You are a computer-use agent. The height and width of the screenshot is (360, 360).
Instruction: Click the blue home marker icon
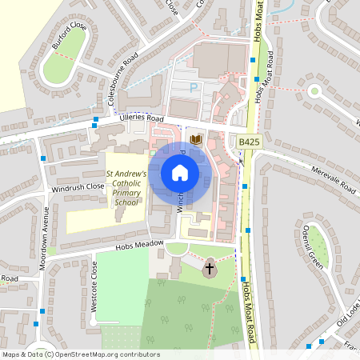pos(180,173)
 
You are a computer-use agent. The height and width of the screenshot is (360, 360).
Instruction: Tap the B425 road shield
pos(250,141)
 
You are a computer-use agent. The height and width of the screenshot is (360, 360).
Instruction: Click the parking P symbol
pos(192,86)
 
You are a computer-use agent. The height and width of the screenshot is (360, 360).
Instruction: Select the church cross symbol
pos(210,270)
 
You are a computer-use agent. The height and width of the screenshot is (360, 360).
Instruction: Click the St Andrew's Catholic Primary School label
pos(126,188)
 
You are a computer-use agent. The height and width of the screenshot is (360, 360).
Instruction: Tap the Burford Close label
pos(69,36)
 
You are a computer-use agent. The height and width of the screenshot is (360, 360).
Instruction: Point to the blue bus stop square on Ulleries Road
pos(95,121)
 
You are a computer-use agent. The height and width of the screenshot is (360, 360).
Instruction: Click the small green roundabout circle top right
pos(314,90)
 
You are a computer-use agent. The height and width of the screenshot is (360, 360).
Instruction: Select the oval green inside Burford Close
pos(62,65)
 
